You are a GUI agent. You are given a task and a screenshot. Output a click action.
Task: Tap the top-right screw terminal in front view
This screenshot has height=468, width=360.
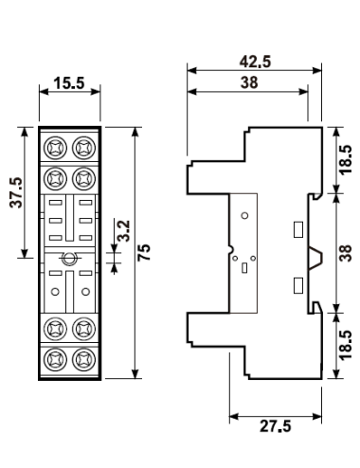click(82, 147)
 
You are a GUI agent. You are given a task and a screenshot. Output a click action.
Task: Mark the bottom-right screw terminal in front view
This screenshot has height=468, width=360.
click(82, 360)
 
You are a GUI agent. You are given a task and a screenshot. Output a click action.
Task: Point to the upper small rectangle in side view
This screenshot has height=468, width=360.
click(297, 228)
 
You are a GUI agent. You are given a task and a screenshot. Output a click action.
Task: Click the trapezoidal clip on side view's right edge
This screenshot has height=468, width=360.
click(315, 255)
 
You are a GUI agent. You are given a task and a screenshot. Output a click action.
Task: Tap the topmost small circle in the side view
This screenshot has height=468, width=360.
click(245, 216)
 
